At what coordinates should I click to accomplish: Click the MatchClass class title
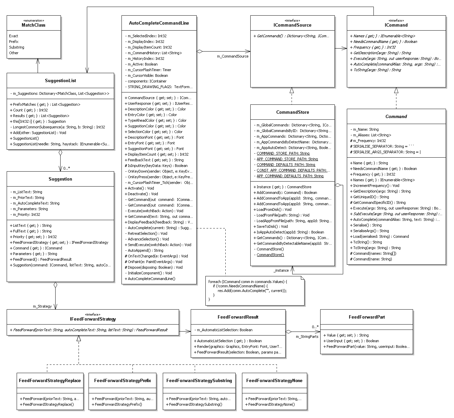tap(34, 25)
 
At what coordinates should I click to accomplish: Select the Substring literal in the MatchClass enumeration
tap(17, 47)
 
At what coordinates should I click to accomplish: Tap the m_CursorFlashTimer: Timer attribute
tap(149, 70)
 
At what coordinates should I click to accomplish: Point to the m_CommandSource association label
tap(233, 56)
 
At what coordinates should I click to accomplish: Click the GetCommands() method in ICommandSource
tap(292, 36)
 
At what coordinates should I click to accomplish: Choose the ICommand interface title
tap(396, 25)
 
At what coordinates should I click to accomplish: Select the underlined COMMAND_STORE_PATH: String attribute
tap(283, 153)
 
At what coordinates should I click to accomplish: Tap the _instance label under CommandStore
tap(281, 270)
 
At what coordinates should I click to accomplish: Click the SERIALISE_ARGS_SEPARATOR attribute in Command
tap(385, 152)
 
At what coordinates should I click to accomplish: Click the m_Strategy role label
tap(42, 306)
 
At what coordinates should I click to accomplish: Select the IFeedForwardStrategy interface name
tap(93, 319)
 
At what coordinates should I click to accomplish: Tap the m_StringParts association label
tap(307, 337)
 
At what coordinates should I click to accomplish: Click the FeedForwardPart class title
tap(367, 317)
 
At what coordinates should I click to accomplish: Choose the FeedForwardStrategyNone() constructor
tap(270, 404)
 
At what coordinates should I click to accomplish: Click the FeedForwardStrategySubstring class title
tap(199, 381)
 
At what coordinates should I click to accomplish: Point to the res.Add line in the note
tap(252, 291)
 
